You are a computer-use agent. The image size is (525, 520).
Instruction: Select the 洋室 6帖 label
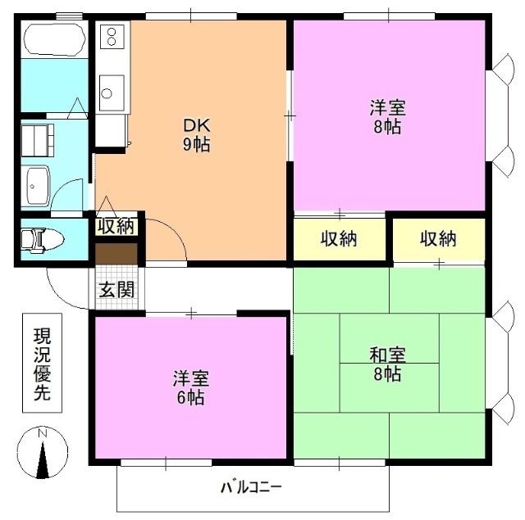click(x=190, y=388)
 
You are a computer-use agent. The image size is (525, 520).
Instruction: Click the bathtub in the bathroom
click(x=53, y=39)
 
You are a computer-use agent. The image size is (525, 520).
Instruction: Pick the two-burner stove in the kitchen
click(x=112, y=37)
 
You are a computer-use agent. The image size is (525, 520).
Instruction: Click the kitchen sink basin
click(x=112, y=90)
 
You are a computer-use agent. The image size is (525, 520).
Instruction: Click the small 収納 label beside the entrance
click(x=116, y=226)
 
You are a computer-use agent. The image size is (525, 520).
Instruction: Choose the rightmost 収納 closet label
click(x=438, y=239)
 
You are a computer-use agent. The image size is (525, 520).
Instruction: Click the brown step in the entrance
click(x=116, y=254)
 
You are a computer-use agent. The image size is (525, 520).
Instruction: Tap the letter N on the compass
click(x=44, y=432)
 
